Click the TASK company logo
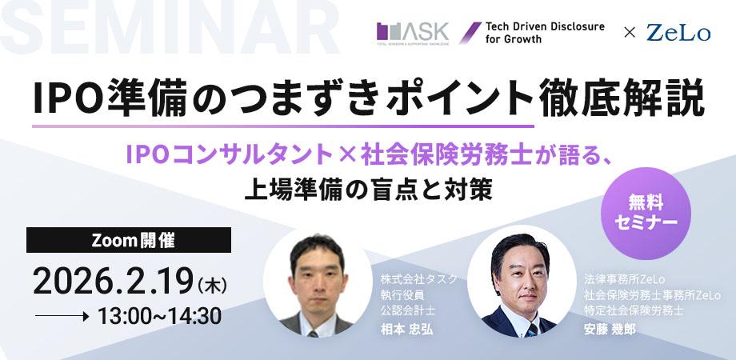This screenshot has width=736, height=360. (413, 33)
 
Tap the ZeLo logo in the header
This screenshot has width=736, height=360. (678, 34)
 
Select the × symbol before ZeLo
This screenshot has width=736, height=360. (630, 34)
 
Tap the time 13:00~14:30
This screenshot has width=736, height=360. (159, 316)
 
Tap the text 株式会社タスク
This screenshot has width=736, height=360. (419, 279)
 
